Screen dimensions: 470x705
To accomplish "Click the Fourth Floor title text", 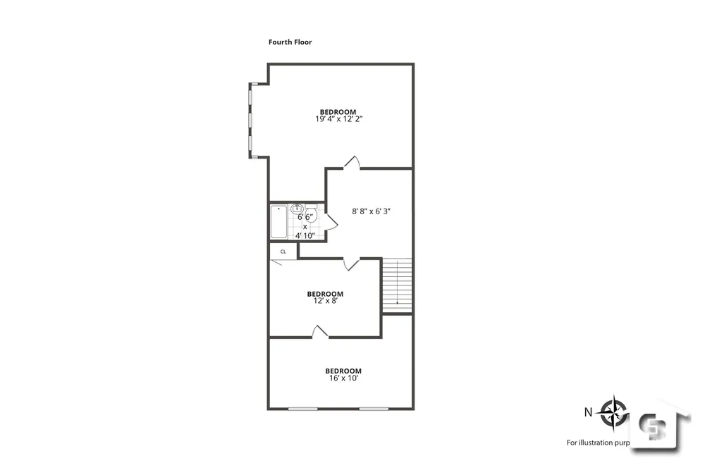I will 290,42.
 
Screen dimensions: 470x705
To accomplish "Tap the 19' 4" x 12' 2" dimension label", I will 338,120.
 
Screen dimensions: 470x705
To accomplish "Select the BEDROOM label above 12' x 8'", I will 325,294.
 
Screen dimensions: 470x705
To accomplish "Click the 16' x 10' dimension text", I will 343,378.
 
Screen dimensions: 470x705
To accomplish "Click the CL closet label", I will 283,251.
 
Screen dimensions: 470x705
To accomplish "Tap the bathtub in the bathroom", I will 278,221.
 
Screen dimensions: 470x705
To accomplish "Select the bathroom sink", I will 298,209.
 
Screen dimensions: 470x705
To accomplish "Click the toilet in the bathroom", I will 312,214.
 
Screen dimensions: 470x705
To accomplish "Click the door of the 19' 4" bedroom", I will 352,163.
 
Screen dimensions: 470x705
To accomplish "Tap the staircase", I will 397,285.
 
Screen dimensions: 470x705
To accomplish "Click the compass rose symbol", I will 615,411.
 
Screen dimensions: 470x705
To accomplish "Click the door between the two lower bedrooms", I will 321,331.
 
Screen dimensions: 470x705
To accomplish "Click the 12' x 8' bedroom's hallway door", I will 352,264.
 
